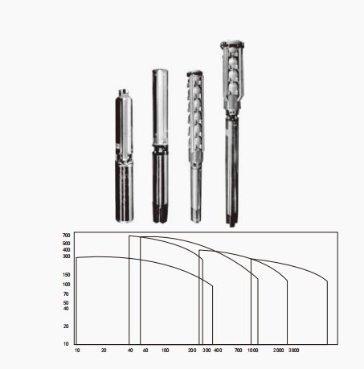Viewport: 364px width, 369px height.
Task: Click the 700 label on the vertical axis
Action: (x=66, y=236)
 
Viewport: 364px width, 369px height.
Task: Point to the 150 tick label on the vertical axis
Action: (x=66, y=275)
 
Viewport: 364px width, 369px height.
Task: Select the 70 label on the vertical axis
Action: (x=66, y=294)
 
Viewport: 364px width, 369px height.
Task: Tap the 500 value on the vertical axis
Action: (x=66, y=244)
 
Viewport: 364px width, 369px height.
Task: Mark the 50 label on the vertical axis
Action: (x=66, y=303)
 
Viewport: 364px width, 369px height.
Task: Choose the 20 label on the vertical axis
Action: (x=66, y=326)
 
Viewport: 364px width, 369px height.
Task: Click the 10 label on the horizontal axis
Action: (x=77, y=351)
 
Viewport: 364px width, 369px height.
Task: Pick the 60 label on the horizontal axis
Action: (x=145, y=351)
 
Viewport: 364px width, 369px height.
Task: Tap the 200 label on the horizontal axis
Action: (x=192, y=351)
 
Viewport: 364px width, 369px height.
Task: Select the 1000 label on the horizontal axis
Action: (x=253, y=351)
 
